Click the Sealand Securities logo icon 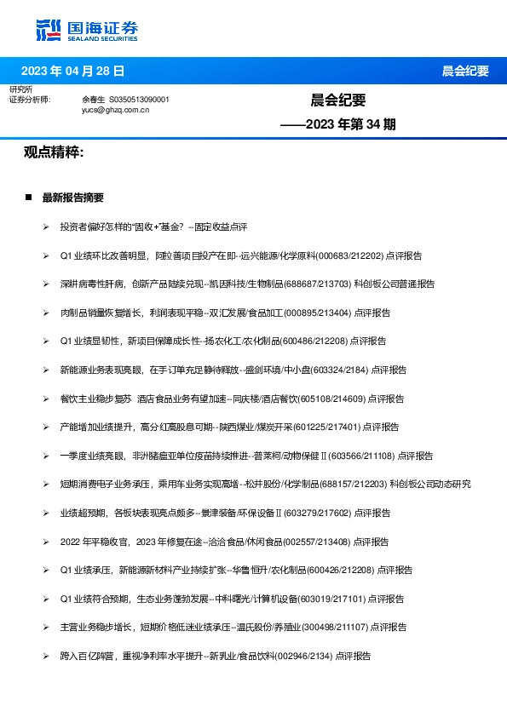(48, 30)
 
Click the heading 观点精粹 (53, 152)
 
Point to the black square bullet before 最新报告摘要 (29, 198)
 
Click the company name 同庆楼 (239, 398)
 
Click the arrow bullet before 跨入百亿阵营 (46, 656)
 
